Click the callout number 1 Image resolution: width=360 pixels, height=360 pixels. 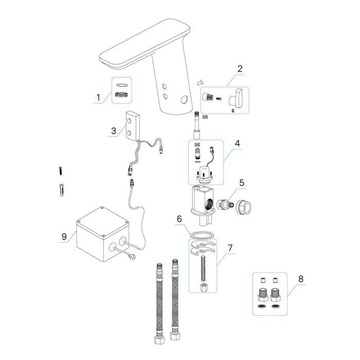98,97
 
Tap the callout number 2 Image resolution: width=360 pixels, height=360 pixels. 240,68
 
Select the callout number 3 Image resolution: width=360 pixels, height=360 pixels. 114,131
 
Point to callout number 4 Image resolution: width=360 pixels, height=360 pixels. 238,143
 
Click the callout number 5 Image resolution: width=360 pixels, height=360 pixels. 242,183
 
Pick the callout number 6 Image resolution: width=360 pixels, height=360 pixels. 179,219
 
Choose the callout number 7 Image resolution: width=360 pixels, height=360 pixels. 230,248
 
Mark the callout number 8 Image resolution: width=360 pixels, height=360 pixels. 301,279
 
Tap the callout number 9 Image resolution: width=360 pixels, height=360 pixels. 64,237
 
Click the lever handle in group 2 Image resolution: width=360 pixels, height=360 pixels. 236,98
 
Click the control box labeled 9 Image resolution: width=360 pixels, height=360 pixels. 103,234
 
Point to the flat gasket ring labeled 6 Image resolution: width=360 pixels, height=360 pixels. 202,236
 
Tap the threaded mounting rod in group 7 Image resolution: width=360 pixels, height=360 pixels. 203,268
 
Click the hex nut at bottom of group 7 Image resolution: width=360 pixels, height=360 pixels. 204,287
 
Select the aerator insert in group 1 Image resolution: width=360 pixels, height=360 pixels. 121,94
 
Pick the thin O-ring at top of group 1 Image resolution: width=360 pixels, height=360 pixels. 122,85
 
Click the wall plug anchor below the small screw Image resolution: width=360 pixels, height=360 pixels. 62,190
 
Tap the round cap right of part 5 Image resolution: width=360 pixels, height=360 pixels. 244,207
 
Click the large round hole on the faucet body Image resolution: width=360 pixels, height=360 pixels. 184,100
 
